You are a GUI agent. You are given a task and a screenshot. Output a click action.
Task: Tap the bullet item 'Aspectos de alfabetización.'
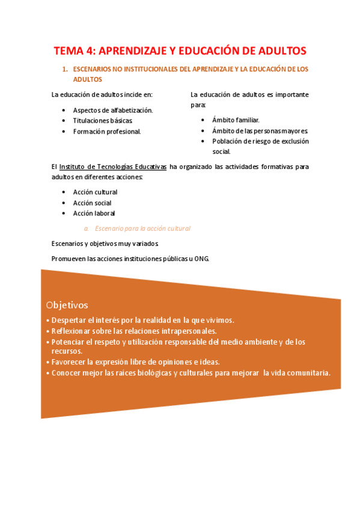coord(113,110)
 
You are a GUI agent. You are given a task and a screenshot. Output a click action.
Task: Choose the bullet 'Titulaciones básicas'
coord(102,121)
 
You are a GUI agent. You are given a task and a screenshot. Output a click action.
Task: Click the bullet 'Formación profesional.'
coord(107,132)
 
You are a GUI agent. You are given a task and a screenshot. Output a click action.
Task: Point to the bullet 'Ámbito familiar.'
coord(236,120)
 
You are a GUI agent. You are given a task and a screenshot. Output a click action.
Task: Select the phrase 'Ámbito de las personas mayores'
coord(260,131)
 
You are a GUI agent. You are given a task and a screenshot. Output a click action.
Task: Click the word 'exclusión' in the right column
coord(294,141)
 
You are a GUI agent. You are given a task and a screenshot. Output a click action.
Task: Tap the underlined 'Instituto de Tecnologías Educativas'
coord(113,167)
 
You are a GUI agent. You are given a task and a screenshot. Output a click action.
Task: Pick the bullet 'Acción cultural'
coord(95,192)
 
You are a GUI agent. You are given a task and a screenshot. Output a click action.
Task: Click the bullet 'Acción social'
coord(92,203)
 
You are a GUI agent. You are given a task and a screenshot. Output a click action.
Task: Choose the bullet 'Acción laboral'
coord(94,213)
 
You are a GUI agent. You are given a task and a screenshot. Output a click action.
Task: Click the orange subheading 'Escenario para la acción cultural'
coord(142,229)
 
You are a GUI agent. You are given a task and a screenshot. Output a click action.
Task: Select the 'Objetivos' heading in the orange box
coord(67,305)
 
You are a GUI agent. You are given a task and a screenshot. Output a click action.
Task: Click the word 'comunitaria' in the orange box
coord(307,373)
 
